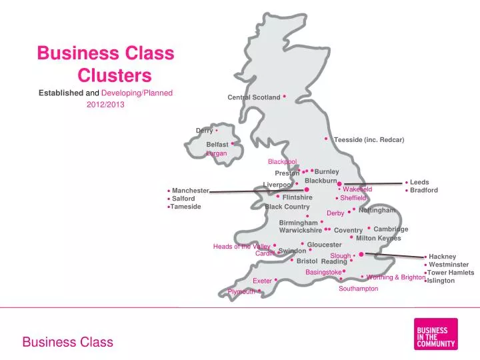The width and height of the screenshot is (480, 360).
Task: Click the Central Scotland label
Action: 254,97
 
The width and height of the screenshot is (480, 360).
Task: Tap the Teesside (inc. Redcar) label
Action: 369,139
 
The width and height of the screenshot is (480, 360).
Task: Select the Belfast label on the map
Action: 217,144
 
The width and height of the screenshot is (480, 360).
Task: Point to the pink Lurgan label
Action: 217,153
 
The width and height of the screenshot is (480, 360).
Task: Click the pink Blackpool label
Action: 282,161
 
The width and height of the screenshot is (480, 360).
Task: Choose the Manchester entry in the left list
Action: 191,191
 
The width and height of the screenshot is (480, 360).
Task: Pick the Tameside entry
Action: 185,207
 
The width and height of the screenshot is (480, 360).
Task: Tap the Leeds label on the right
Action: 419,182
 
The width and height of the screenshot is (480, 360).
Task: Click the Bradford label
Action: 424,190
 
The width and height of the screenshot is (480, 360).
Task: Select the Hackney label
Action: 442,257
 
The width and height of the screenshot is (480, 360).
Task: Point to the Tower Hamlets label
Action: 451,273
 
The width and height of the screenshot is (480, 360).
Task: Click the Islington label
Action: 441,281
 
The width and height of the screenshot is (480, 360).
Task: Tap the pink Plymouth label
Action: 241,292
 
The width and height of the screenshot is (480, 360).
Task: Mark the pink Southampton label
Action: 358,289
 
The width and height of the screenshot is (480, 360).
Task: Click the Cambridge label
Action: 391,229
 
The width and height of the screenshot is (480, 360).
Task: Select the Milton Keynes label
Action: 378,238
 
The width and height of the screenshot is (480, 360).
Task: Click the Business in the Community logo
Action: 435,333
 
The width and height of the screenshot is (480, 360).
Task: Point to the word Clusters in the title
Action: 114,75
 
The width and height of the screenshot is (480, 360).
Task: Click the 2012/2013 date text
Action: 105,104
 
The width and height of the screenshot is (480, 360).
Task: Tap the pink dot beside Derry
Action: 217,130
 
